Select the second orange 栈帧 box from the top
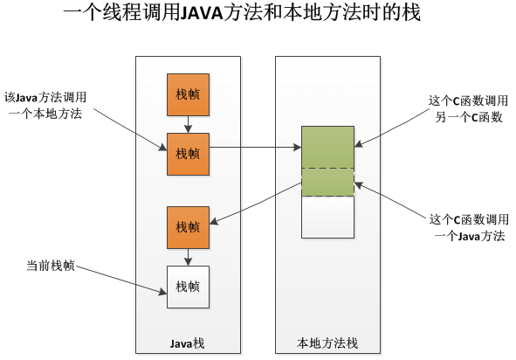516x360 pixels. tap(188, 154)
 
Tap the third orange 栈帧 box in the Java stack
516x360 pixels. tap(188, 227)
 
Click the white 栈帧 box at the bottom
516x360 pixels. tap(188, 286)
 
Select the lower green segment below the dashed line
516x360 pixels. tap(327, 182)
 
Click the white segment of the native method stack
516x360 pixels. tap(327, 216)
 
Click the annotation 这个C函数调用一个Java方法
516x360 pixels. tap(468, 228)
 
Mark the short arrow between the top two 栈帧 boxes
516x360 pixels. tap(188, 124)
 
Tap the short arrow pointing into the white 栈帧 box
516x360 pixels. tap(188, 256)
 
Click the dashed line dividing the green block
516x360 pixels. tap(327, 168)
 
